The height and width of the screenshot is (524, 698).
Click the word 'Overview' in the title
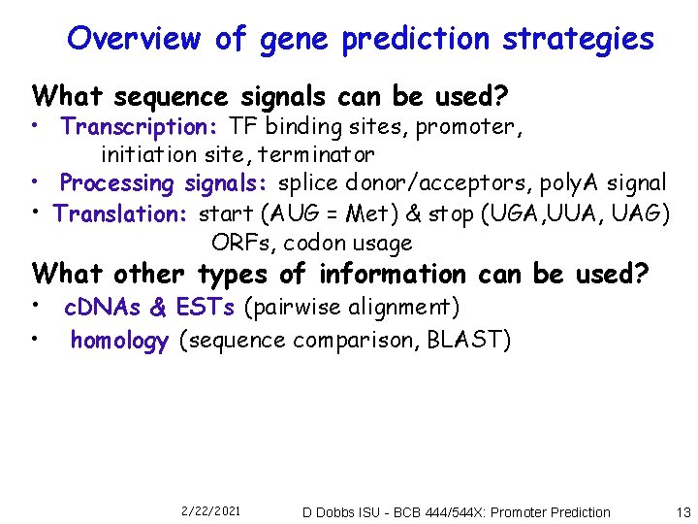click(x=136, y=39)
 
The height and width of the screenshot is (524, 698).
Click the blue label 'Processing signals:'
click(x=166, y=183)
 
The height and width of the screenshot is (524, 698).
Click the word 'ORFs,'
click(x=243, y=243)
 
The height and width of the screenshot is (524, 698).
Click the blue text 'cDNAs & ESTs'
click(x=149, y=309)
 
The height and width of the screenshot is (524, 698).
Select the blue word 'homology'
click(x=119, y=341)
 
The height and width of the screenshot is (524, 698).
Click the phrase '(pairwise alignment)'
click(x=351, y=309)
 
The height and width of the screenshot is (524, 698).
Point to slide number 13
click(x=683, y=511)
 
